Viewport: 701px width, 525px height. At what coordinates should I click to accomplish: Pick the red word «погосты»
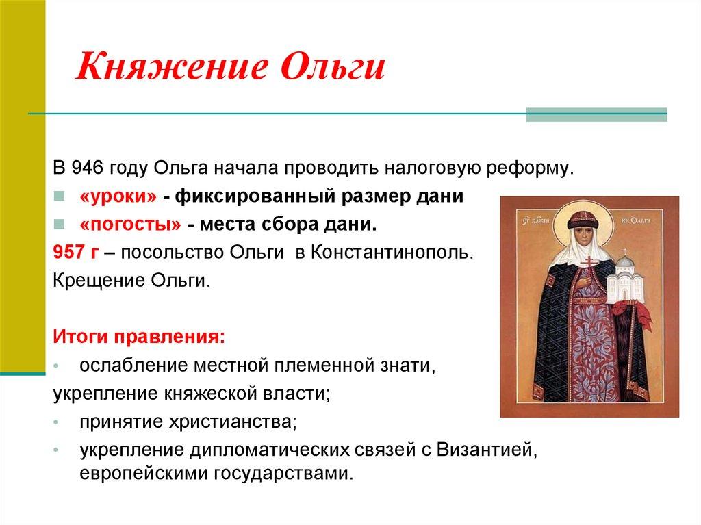point(130,225)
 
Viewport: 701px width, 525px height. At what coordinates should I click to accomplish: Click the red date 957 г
point(76,253)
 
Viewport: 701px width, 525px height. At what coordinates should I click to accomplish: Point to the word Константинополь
point(390,253)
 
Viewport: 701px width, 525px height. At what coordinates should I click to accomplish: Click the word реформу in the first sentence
point(535,168)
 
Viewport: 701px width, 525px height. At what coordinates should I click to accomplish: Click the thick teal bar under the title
point(596,115)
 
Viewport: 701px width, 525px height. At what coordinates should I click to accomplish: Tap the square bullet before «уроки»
point(60,197)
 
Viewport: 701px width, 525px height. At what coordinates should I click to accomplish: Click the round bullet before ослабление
point(60,366)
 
